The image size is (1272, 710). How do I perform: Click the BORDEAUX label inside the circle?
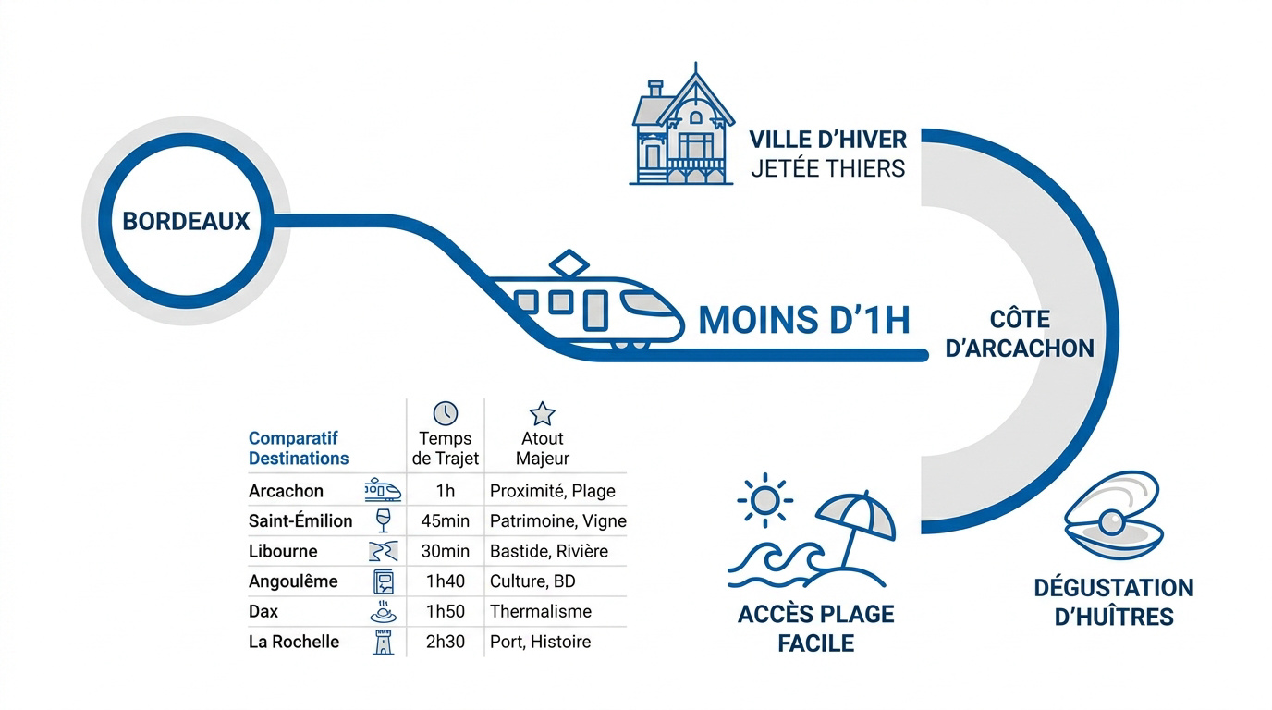pos(186,222)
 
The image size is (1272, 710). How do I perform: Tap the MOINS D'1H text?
pos(804,320)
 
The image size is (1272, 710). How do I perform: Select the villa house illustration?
pos(682,125)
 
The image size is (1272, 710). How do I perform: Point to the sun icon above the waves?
pos(764,500)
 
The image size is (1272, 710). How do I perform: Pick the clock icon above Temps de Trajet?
pos(446,413)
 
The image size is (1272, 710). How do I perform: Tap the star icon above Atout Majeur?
pos(543,413)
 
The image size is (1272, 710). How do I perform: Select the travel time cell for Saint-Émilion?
pos(446,520)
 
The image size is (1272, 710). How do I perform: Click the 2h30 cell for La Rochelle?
pos(446,642)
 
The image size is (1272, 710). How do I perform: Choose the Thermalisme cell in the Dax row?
pos(541,612)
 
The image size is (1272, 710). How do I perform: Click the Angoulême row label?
pos(293,581)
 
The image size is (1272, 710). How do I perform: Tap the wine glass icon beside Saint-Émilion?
pos(384,520)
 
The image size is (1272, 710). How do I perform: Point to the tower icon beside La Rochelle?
pos(384,642)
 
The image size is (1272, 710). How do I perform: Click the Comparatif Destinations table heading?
pos(299,448)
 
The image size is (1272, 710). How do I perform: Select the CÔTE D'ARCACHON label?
pos(1020,334)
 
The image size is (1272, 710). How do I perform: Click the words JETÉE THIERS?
pos(828,168)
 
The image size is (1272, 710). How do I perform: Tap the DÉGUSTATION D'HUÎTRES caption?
pos(1114,602)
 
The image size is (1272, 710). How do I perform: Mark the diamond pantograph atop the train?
pos(569,263)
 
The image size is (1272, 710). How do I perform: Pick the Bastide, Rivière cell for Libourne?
pos(549,552)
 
